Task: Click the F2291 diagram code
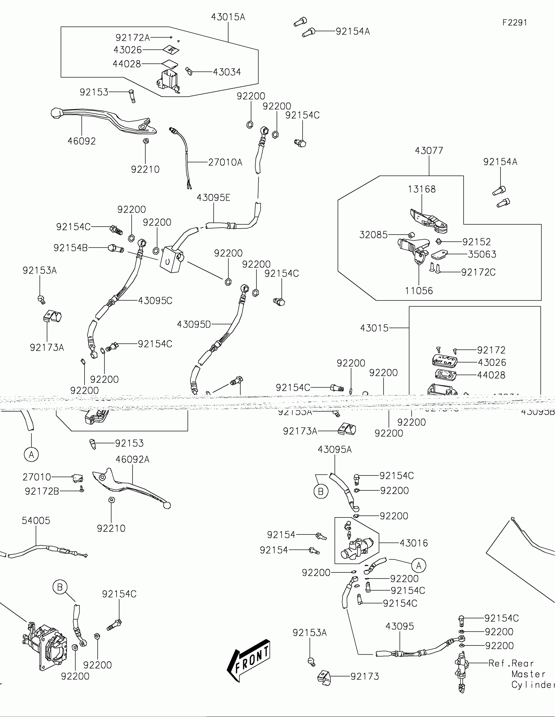tap(515, 23)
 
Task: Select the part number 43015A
tap(228, 17)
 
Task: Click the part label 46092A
tap(132, 459)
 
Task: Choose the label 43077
tap(429, 151)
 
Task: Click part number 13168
tap(422, 189)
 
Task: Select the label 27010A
tap(225, 162)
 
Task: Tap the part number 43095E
tap(213, 198)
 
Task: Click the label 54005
tap(36, 521)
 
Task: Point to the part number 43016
tap(414, 543)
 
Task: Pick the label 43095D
tap(194, 324)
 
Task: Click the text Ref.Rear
tap(511, 663)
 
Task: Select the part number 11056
tap(419, 291)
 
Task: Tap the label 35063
tap(482, 254)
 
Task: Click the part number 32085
tap(373, 235)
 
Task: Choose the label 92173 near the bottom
tap(365, 677)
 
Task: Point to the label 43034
tap(227, 72)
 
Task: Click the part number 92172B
tap(42, 491)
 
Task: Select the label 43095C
tap(155, 301)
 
